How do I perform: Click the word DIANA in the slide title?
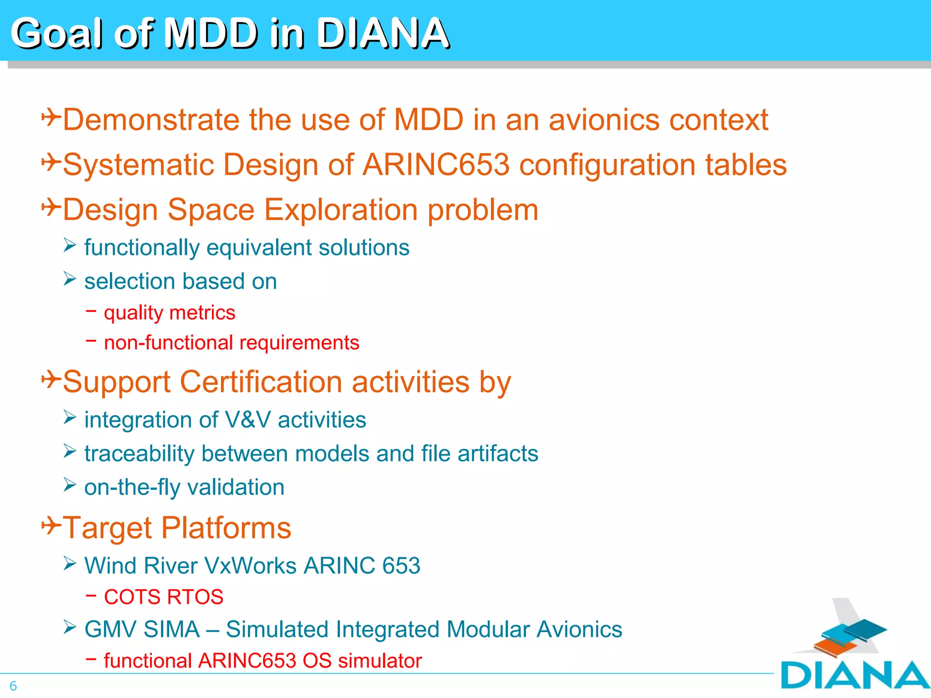click(382, 33)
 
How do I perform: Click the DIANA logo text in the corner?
click(855, 675)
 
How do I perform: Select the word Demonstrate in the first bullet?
click(150, 120)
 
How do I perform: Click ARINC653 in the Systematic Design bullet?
click(436, 165)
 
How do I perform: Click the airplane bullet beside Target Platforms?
click(51, 526)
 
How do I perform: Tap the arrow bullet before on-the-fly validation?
click(70, 485)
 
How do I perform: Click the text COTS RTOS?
click(164, 597)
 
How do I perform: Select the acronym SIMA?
click(171, 629)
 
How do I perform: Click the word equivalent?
click(259, 248)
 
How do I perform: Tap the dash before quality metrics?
click(91, 311)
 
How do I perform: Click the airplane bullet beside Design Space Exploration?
click(51, 208)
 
